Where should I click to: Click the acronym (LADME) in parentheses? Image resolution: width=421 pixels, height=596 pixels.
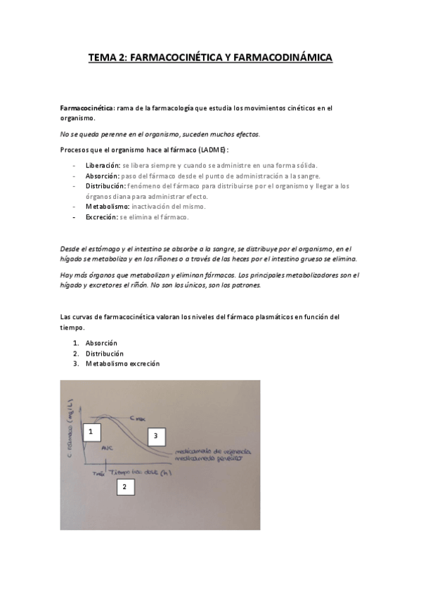(x=212, y=149)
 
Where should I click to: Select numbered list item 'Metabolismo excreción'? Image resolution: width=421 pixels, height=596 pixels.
(x=123, y=364)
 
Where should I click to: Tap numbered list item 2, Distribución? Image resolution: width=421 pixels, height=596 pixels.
(x=105, y=354)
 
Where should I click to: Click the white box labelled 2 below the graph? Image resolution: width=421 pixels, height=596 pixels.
(x=124, y=487)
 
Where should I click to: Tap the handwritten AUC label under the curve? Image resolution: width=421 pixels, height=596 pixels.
(x=106, y=448)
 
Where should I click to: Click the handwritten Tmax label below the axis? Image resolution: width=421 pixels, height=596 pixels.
(x=98, y=474)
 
